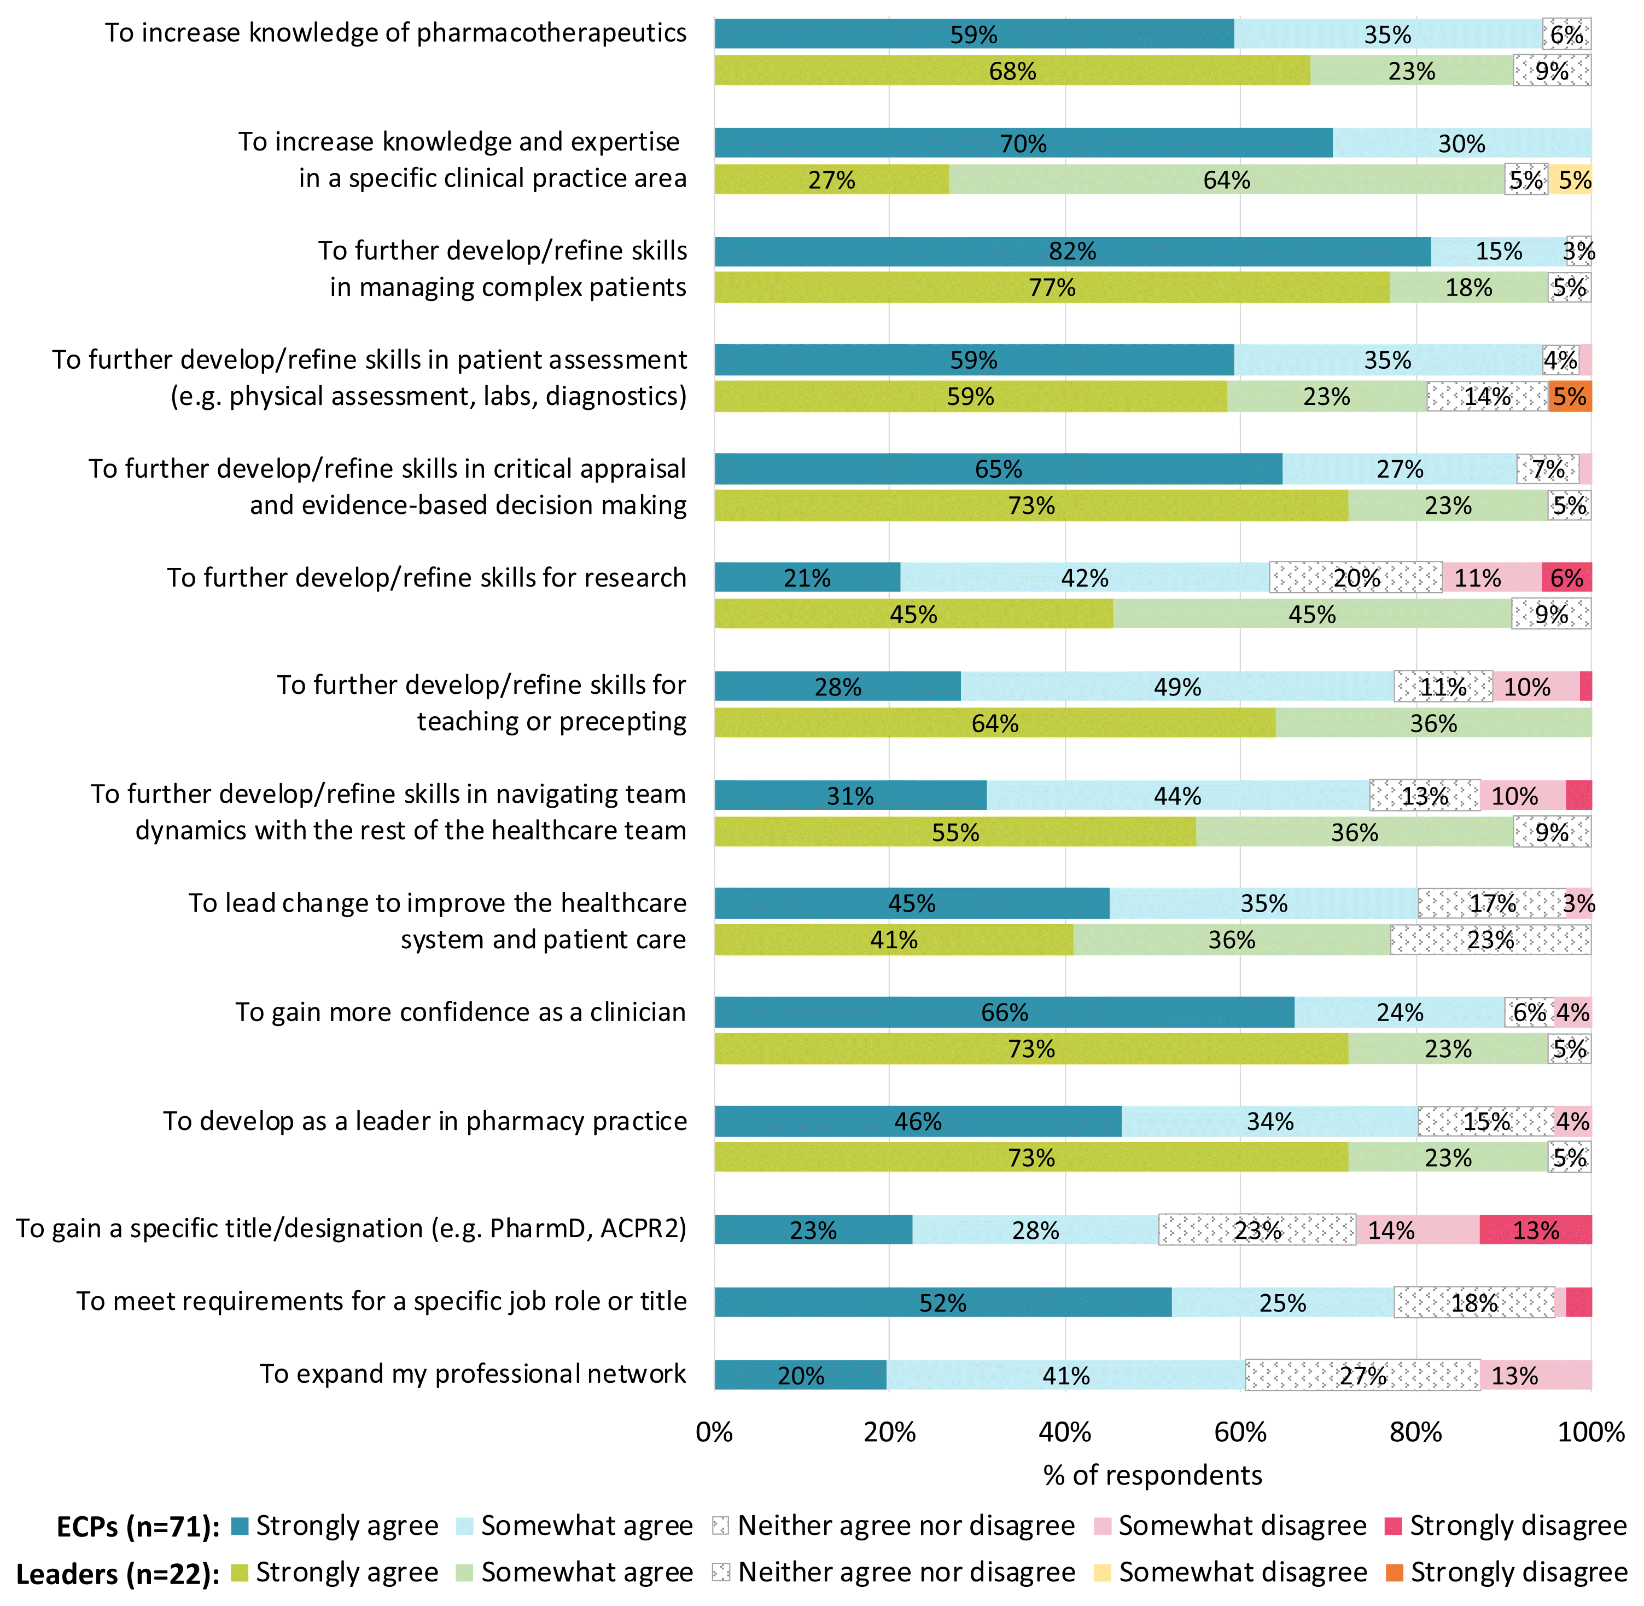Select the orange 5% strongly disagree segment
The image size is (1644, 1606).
pos(1570,397)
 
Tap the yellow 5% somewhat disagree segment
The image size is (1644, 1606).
pos(1570,179)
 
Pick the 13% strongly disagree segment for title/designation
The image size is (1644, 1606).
pos(1535,1230)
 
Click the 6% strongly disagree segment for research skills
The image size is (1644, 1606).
pos(1566,578)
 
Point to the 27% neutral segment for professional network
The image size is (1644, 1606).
pos(1362,1376)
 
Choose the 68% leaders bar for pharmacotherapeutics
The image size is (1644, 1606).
pos(1012,71)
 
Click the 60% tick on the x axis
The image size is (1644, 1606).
pos(1240,1432)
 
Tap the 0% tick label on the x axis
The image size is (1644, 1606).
pos(714,1432)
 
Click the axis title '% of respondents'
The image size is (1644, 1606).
pos(1152,1475)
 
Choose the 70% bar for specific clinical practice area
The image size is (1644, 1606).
pos(1023,143)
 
